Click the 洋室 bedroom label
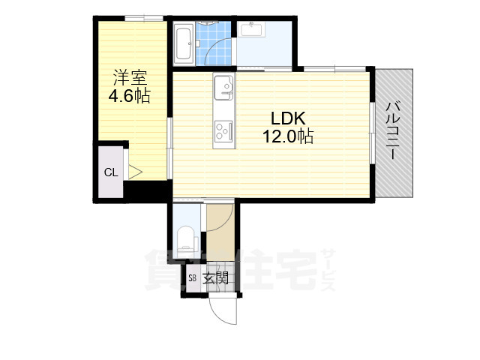tap(130, 78)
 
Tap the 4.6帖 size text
tap(130, 96)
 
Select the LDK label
tap(288, 118)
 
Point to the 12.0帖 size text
tap(288, 136)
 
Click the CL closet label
tap(111, 172)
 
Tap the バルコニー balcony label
tap(393, 131)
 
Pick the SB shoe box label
tap(192, 278)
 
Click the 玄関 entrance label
tap(216, 278)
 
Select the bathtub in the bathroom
tap(183, 43)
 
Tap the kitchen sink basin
tap(223, 88)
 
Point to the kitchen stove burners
tap(223, 130)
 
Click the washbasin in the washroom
tap(253, 29)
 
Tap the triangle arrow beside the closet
tap(135, 172)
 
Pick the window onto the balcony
tap(372, 133)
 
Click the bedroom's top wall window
tap(144, 18)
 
